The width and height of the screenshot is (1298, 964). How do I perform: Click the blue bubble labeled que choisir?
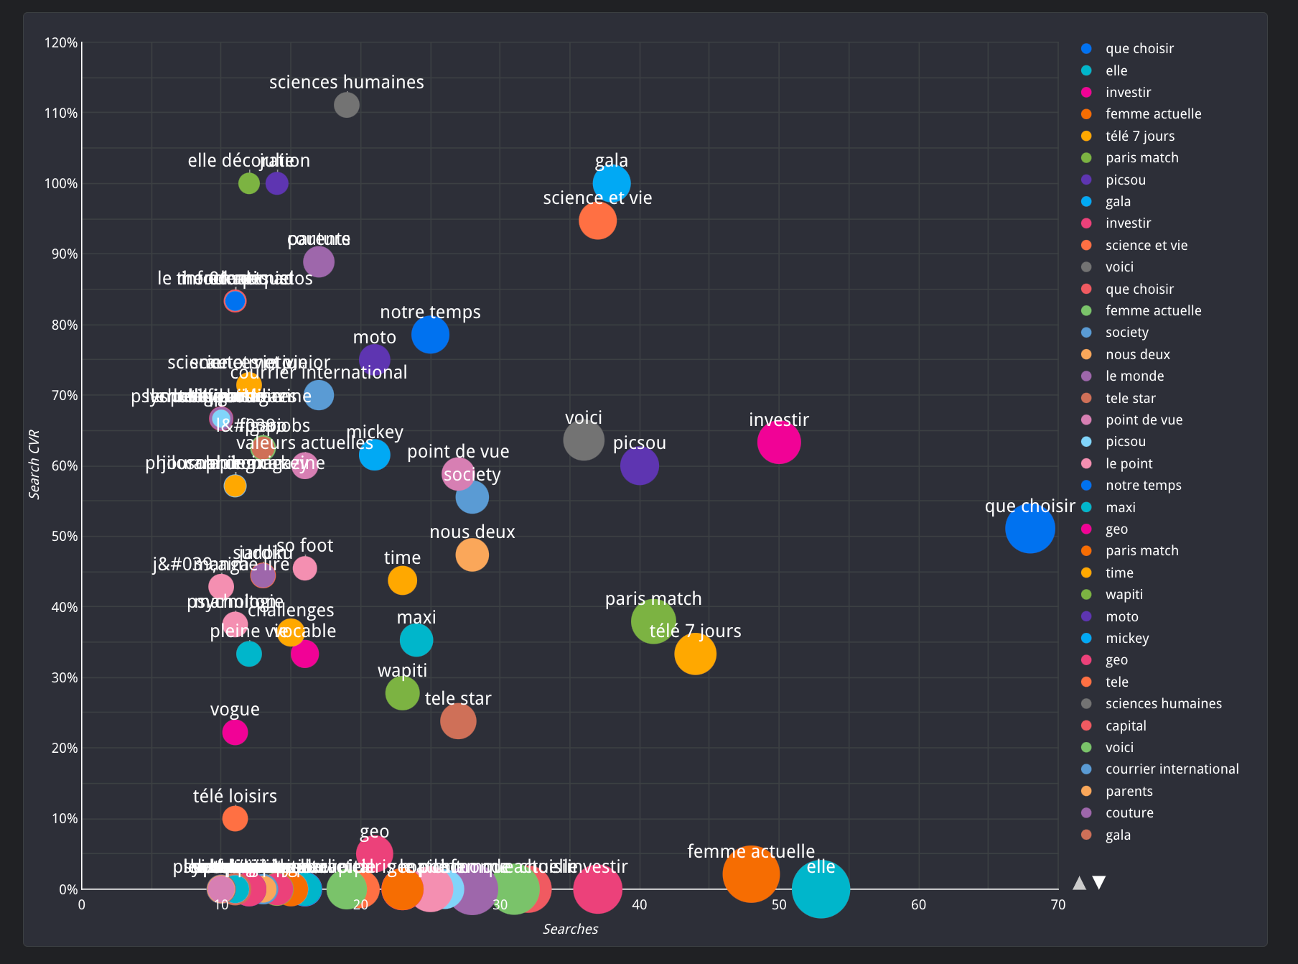1029,529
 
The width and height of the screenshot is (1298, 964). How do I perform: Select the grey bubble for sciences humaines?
346,106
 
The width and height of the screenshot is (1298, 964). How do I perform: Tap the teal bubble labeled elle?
821,889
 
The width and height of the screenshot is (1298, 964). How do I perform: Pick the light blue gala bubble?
612,184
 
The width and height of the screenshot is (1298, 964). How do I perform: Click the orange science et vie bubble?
597,221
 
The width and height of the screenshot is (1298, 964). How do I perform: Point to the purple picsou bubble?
639,465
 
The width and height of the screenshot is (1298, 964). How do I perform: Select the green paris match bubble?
653,621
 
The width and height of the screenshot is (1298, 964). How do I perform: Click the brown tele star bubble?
458,720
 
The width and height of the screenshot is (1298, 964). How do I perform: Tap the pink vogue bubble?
235,732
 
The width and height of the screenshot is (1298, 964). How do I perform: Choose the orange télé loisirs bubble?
235,818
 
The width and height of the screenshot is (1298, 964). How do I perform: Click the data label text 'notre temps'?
430,312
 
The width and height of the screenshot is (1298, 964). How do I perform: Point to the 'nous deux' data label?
472,532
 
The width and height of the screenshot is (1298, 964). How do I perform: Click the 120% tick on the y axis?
61,43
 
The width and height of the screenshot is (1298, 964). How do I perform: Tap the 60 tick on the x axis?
918,905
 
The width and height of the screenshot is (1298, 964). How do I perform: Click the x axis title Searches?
570,929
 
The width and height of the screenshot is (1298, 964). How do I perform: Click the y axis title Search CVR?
34,465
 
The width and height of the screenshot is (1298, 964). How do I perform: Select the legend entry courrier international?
1172,769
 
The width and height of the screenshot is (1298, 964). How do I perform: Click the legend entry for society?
1126,333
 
